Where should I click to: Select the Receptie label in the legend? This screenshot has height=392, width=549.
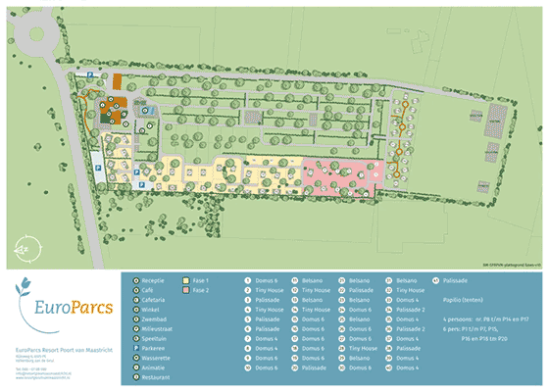click(x=156, y=280)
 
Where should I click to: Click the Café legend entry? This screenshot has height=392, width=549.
click(x=150, y=290)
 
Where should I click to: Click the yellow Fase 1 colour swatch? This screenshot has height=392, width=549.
click(x=185, y=280)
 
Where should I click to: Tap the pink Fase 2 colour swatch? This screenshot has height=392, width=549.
click(x=185, y=290)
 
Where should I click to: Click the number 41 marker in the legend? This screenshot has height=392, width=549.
click(x=435, y=280)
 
